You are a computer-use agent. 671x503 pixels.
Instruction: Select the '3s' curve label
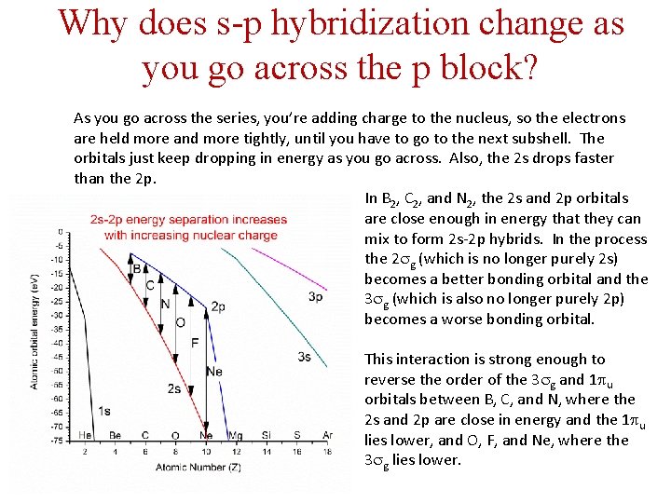pos(304,357)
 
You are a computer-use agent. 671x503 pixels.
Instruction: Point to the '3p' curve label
pos(316,296)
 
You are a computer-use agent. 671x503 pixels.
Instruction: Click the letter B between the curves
pos(136,268)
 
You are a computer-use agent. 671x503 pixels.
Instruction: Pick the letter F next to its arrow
pos(194,343)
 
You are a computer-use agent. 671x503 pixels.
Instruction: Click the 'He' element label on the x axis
pos(85,435)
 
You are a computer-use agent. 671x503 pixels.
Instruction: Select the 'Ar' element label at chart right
pos(326,435)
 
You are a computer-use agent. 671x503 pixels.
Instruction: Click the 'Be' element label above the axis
pos(116,435)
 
